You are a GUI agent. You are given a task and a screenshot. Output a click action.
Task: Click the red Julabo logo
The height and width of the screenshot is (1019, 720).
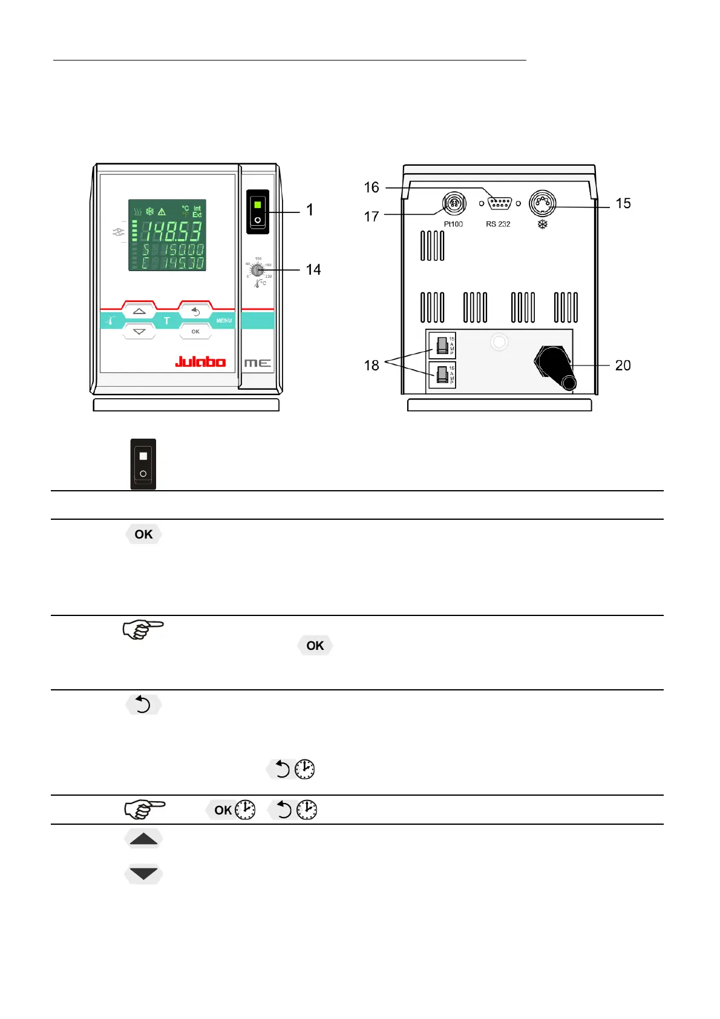(200, 362)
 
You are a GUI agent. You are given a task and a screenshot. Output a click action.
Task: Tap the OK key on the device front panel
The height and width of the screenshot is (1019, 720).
(195, 332)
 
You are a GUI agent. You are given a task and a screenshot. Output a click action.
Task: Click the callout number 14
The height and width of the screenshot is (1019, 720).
(313, 270)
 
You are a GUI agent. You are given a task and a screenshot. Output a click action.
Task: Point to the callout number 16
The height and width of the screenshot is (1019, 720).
(371, 188)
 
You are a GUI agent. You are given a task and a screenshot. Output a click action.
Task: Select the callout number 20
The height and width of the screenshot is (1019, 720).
(623, 365)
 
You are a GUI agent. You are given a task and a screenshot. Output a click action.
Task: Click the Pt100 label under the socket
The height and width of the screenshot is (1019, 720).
(453, 224)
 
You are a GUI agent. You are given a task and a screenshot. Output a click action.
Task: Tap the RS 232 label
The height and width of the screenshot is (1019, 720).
(498, 224)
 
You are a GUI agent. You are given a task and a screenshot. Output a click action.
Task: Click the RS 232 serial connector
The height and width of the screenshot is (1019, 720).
(499, 203)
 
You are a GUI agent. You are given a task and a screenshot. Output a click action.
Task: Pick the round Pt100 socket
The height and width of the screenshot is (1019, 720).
(454, 204)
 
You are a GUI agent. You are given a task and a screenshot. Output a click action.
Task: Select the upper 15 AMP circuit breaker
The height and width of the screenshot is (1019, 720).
(442, 346)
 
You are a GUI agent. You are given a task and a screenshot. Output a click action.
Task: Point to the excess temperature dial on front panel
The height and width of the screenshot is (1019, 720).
(258, 270)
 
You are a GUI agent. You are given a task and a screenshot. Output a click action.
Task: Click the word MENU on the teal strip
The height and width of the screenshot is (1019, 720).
(224, 321)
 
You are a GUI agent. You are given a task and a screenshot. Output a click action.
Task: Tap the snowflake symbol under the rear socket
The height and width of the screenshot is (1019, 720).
(543, 224)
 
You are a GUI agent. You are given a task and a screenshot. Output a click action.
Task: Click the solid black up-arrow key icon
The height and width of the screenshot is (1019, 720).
(143, 839)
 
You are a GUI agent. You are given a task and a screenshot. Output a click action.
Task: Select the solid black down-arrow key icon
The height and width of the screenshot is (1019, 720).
(143, 874)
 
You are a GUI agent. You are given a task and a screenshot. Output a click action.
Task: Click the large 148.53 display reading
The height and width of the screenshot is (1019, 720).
(171, 231)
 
